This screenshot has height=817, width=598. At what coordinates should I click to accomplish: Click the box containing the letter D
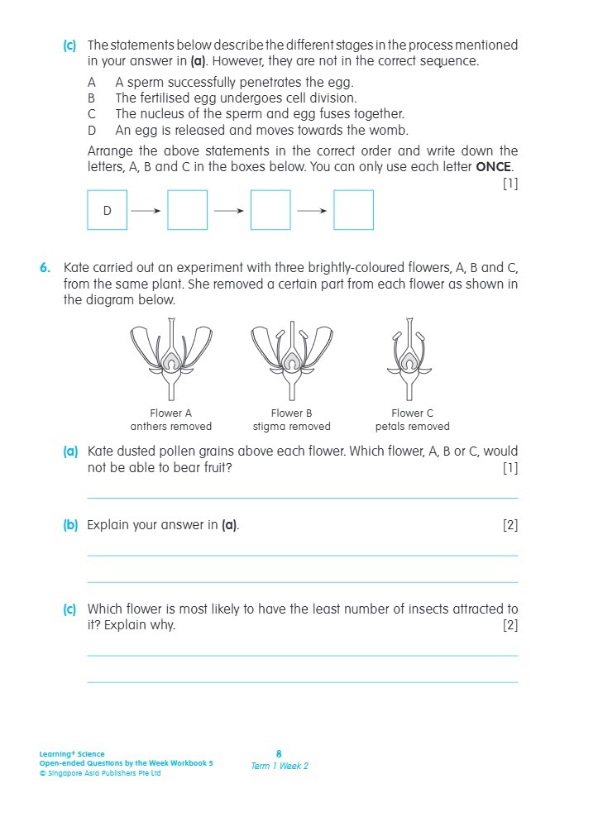tap(107, 210)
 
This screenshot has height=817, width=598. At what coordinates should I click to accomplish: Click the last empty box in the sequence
tap(353, 210)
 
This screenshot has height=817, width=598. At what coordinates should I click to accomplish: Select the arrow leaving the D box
tap(146, 210)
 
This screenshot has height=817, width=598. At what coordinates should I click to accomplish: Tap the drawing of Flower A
tap(171, 360)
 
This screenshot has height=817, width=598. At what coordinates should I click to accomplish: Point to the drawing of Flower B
tap(291, 360)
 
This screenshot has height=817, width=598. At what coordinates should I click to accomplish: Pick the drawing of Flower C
tap(412, 360)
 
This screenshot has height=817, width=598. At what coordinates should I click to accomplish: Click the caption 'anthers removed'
tap(171, 427)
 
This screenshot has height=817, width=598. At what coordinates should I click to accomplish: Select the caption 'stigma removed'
tap(291, 427)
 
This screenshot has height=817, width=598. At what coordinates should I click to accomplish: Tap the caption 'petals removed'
tap(412, 427)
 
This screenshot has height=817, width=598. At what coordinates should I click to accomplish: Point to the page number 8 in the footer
tap(279, 753)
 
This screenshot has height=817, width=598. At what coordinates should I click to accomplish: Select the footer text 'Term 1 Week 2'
tap(280, 766)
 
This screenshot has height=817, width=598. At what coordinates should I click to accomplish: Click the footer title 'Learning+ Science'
tap(72, 754)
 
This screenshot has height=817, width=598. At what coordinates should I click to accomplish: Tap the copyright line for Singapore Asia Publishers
tap(100, 773)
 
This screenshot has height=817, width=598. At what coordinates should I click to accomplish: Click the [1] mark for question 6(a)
tap(510, 468)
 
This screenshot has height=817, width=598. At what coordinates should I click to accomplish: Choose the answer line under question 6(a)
tap(302, 499)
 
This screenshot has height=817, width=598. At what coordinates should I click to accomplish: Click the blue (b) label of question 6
tap(70, 525)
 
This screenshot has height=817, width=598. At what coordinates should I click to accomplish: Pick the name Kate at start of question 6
tap(77, 268)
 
